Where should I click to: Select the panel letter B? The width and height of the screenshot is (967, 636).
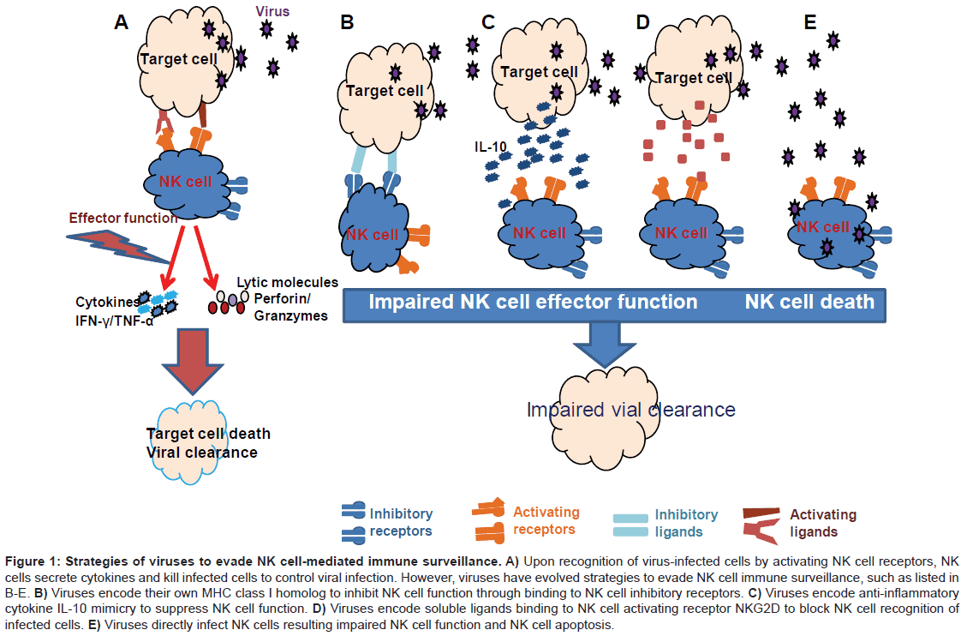tap(347, 22)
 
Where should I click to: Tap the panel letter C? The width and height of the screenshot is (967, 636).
tap(488, 21)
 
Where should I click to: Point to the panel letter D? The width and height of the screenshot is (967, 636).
tap(643, 21)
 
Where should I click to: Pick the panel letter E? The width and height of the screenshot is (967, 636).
tap(809, 21)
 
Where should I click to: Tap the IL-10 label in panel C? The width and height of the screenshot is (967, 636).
tap(490, 146)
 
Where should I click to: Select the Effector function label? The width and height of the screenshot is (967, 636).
tap(122, 218)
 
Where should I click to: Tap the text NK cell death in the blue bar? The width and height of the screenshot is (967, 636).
tap(809, 302)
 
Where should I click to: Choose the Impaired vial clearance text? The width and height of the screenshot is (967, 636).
tap(630, 410)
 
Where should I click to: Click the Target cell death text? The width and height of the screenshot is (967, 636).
tap(208, 434)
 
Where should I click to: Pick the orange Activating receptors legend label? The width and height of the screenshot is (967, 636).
tap(546, 520)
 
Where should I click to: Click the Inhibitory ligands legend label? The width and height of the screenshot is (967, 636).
tap(686, 523)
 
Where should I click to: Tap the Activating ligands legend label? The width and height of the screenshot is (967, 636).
tap(822, 523)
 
